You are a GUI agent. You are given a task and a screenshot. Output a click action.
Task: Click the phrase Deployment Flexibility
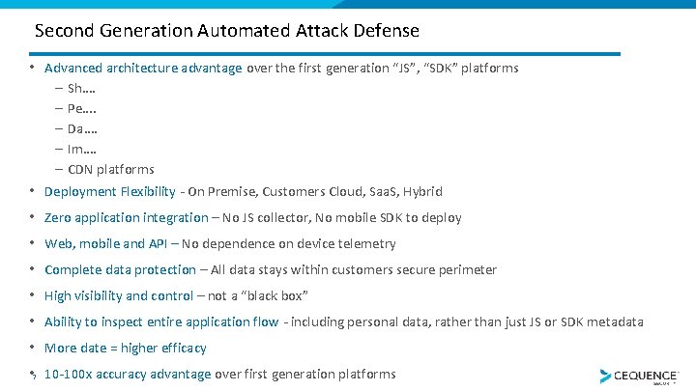[x=110, y=192]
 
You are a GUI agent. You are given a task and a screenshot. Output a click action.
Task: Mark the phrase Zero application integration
[x=127, y=218]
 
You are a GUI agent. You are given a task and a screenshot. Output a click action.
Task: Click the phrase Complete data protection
[x=120, y=270]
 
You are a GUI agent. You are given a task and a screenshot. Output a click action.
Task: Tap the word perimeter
[x=469, y=270]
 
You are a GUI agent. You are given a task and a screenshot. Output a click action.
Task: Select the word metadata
[x=615, y=322]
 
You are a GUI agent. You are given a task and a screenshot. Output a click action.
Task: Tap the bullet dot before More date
[x=32, y=347]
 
